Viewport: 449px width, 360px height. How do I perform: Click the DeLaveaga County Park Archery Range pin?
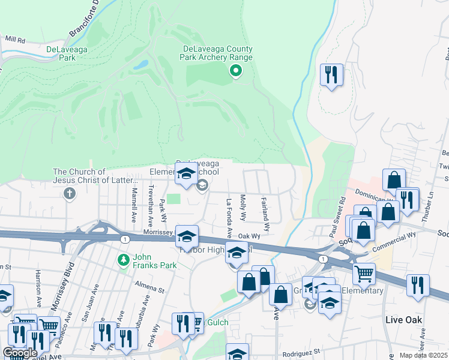[236, 71]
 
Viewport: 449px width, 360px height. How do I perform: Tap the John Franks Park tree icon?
[124, 260]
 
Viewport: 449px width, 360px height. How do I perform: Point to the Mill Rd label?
[15, 38]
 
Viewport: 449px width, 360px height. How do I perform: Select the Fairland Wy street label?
[265, 214]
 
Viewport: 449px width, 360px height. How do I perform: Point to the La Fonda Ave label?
[229, 217]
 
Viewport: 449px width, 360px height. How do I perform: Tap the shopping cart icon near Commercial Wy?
[364, 274]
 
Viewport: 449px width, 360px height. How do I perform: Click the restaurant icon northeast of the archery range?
[331, 75]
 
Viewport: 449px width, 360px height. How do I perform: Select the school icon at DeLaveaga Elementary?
[186, 174]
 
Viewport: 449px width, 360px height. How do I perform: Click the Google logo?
[19, 353]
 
